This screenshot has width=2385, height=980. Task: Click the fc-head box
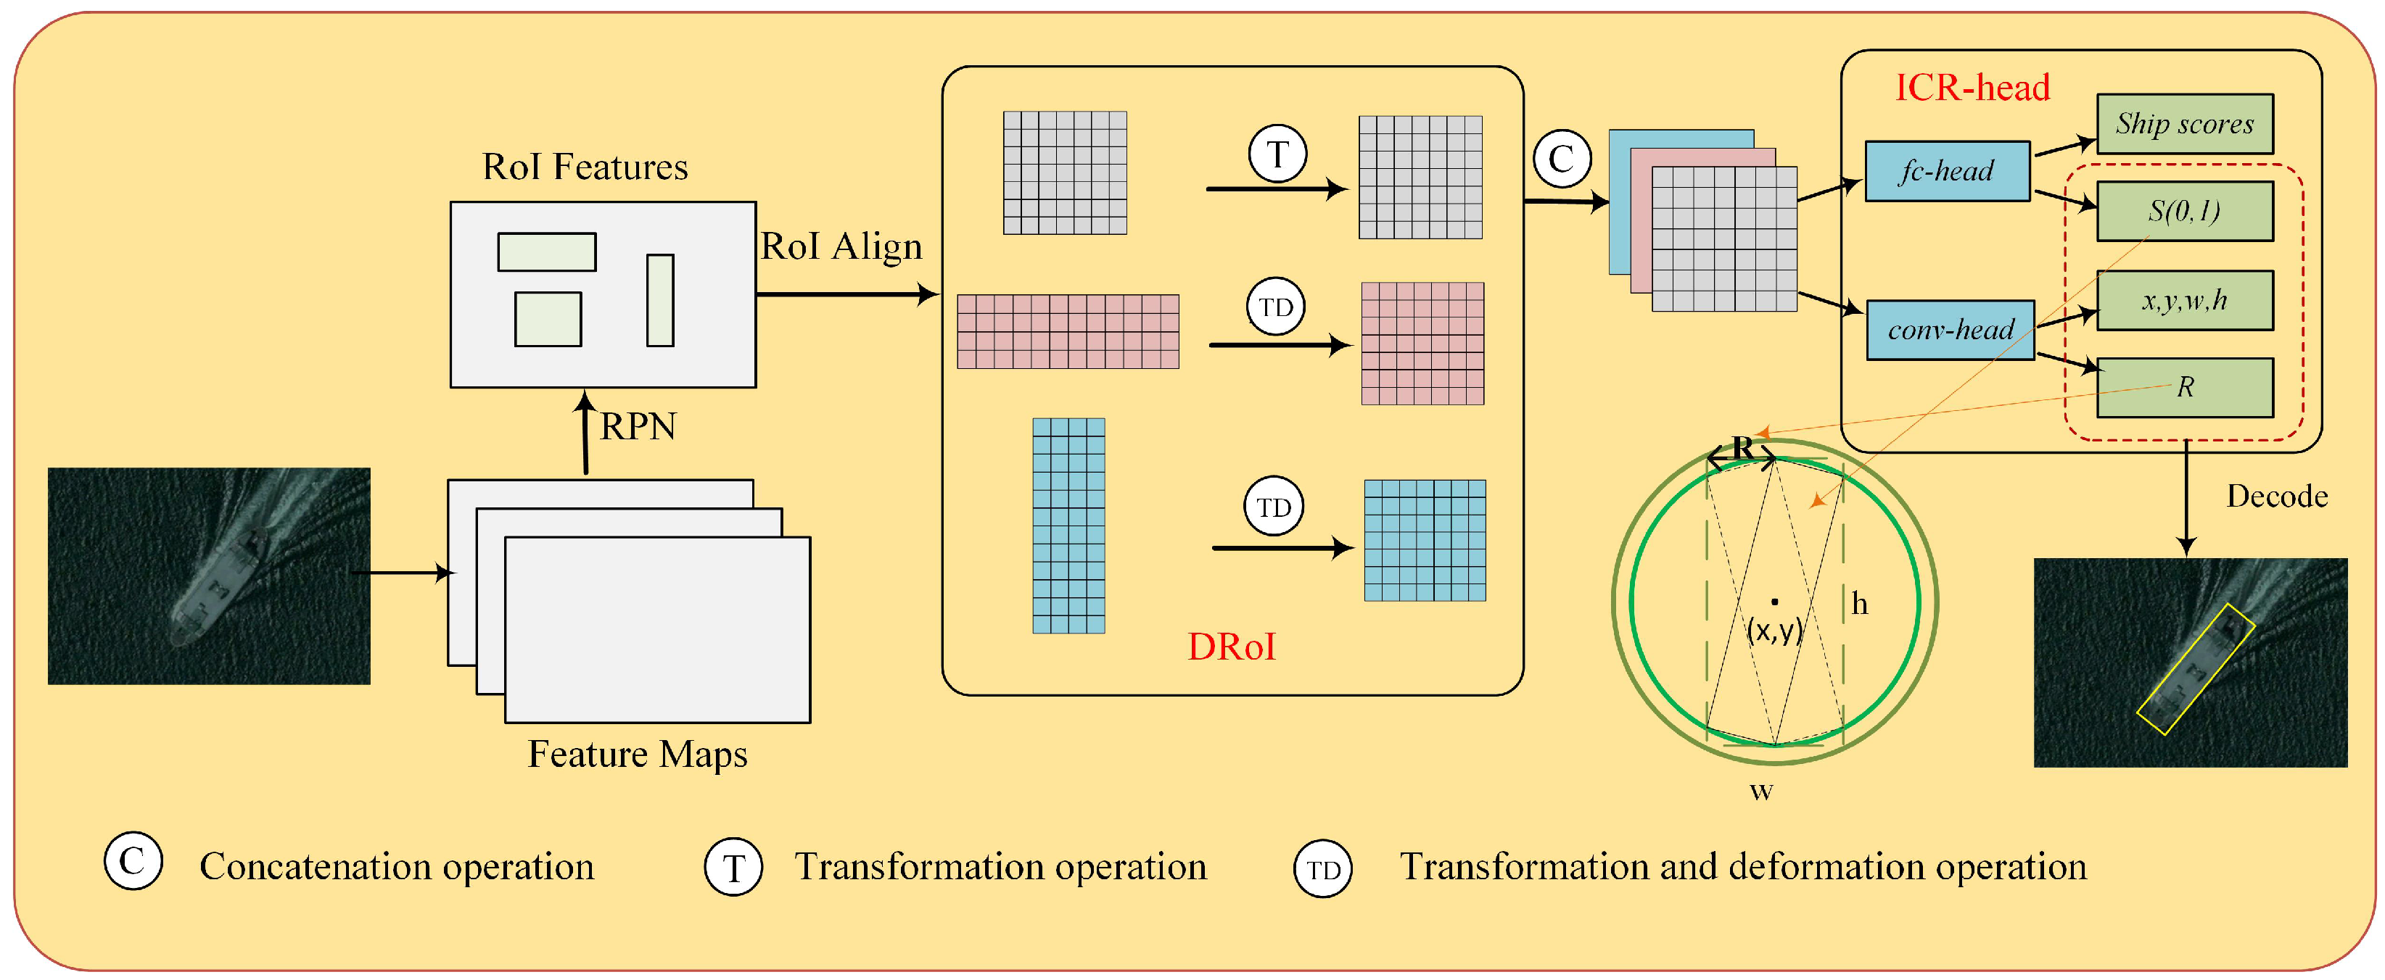[1946, 171]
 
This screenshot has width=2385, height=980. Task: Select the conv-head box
[1950, 329]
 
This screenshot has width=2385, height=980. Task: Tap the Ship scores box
[2183, 123]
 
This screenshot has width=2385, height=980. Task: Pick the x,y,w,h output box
[2183, 300]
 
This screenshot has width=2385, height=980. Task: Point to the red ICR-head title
[1972, 88]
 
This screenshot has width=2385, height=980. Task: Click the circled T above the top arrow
[1277, 154]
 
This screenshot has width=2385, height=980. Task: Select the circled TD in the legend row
[1322, 869]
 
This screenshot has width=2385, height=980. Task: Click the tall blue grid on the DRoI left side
[1068, 526]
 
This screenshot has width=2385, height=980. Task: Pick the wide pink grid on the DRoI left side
[1068, 331]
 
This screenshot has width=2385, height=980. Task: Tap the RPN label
[638, 427]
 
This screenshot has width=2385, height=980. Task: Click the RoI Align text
[841, 246]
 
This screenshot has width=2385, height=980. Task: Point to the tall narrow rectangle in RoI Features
[659, 300]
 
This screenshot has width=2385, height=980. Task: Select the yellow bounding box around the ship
[2194, 668]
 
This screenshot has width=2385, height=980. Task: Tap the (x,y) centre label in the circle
[1774, 629]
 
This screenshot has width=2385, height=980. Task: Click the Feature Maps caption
[637, 754]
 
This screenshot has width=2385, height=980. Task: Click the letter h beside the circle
[1859, 605]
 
